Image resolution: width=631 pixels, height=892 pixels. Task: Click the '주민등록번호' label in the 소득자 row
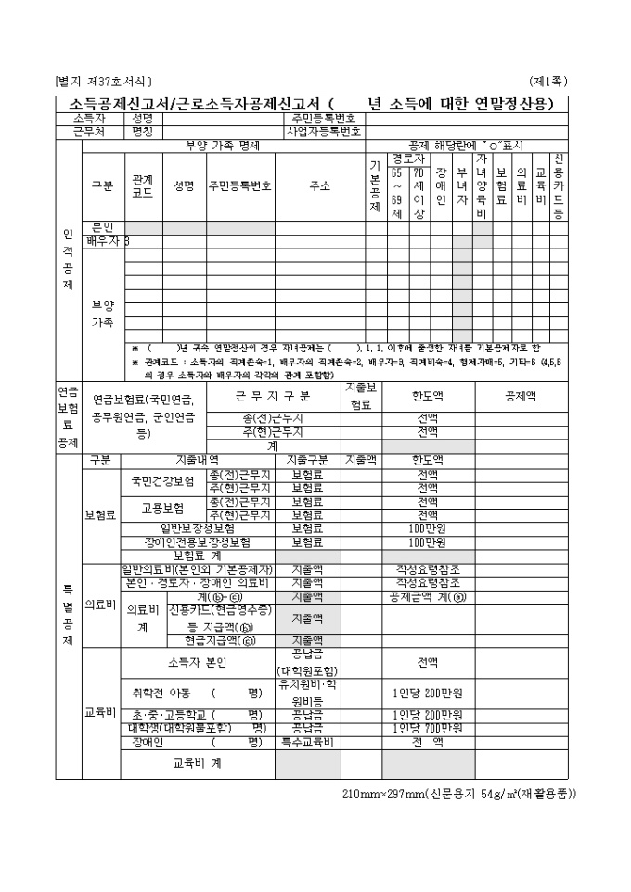tap(322, 119)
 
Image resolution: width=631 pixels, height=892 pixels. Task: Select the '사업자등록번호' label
tap(322, 132)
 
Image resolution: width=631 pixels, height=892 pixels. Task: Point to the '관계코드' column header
tap(143, 185)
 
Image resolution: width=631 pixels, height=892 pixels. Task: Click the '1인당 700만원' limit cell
tap(428, 729)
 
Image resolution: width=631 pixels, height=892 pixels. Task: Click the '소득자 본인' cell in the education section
tap(197, 663)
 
